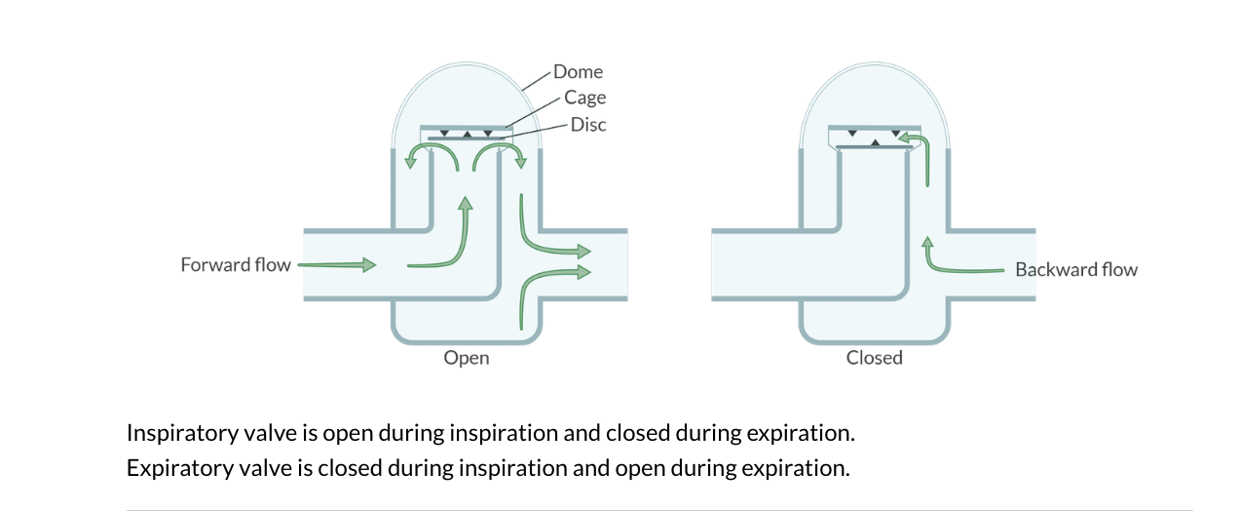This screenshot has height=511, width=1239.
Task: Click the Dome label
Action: (x=578, y=71)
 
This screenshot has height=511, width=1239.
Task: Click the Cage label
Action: (x=584, y=98)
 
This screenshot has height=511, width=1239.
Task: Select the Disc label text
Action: (x=588, y=124)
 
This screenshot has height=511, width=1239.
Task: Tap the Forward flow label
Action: (x=236, y=264)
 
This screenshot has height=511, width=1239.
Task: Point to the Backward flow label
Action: (x=1076, y=269)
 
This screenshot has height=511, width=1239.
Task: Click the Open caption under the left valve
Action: (x=467, y=358)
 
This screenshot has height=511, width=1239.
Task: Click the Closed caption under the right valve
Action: (x=875, y=358)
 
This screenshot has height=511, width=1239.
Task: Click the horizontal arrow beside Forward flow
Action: (x=336, y=264)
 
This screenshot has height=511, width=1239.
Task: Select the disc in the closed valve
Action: (x=875, y=147)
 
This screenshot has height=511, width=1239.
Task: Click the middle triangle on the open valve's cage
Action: (x=467, y=134)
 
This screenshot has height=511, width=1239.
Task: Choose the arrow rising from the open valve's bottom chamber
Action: (x=545, y=293)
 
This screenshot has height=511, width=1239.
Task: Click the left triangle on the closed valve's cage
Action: (x=852, y=132)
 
